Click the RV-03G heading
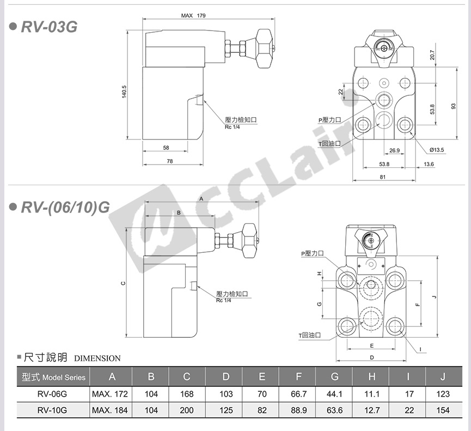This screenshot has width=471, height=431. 49,27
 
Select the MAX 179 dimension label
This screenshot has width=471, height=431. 193,15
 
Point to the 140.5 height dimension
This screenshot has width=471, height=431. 124,92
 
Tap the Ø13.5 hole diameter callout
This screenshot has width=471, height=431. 437,150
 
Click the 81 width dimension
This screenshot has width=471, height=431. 382,177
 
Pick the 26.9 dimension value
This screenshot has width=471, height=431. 394,150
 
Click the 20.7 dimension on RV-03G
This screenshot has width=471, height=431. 432,55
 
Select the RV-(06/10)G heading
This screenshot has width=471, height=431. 65,207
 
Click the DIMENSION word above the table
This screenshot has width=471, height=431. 97,359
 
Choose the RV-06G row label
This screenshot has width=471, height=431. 52,394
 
